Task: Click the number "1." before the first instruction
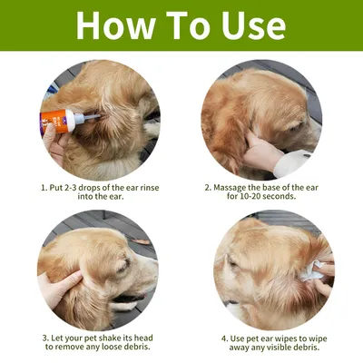point(44,189)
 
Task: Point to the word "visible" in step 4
point(273,347)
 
